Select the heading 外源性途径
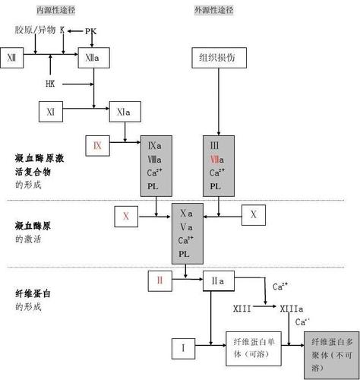tap(215, 11)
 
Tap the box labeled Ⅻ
tap(12, 58)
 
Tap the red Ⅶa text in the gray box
tap(215, 159)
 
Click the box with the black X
tap(254, 215)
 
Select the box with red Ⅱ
tap(160, 280)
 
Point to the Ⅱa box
tap(218, 280)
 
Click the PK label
tap(90, 31)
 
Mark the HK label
tap(50, 83)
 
